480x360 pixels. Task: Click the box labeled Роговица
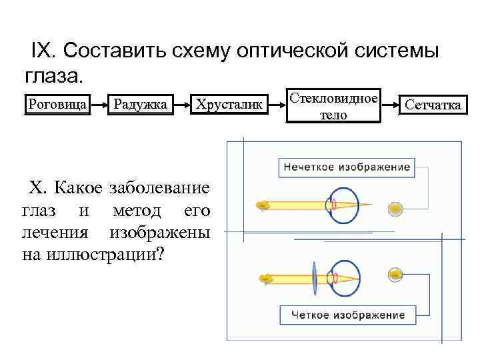pyautogui.click(x=57, y=104)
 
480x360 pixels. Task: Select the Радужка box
pyautogui.click(x=140, y=104)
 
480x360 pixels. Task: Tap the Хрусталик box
pyautogui.click(x=229, y=104)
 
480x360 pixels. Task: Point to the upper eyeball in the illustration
pyautogui.click(x=341, y=204)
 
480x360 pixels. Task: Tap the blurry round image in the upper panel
pyautogui.click(x=396, y=207)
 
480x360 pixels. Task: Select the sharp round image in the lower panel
pyautogui.click(x=396, y=273)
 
